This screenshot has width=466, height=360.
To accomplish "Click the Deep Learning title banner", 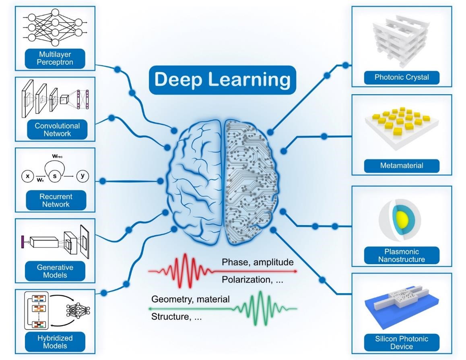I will pyautogui.click(x=223, y=80).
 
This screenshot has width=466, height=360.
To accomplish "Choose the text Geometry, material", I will pyautogui.click(x=190, y=299).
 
